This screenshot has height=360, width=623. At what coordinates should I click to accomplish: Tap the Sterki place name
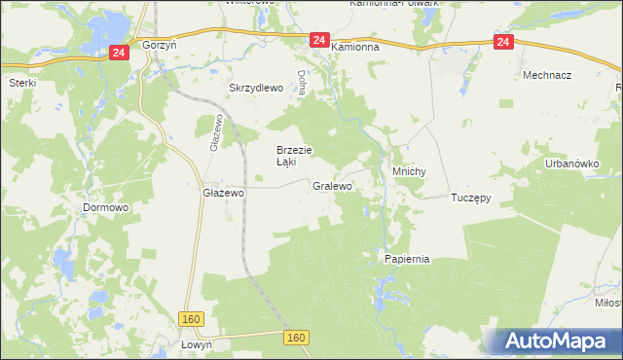(22, 83)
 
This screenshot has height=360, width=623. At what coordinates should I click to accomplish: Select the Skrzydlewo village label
(255, 88)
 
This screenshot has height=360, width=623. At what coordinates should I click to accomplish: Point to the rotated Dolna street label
(303, 82)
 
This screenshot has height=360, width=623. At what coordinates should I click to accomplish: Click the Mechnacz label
(546, 75)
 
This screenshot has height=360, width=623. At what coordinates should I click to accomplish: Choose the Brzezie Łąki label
(293, 156)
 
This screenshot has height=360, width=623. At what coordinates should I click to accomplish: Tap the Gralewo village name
(332, 185)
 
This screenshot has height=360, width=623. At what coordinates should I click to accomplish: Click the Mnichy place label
(409, 171)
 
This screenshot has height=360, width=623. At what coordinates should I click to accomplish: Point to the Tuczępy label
(470, 197)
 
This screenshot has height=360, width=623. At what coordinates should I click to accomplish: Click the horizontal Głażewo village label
(222, 193)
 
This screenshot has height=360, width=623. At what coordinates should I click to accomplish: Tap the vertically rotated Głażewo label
(214, 133)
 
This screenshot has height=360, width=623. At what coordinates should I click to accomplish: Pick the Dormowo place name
(106, 207)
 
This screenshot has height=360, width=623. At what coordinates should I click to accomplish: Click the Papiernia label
(407, 260)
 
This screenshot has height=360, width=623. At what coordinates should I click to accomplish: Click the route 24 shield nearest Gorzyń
(118, 53)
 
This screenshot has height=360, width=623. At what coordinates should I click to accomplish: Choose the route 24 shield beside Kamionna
(318, 40)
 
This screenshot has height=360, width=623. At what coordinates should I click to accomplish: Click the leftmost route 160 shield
(191, 319)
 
